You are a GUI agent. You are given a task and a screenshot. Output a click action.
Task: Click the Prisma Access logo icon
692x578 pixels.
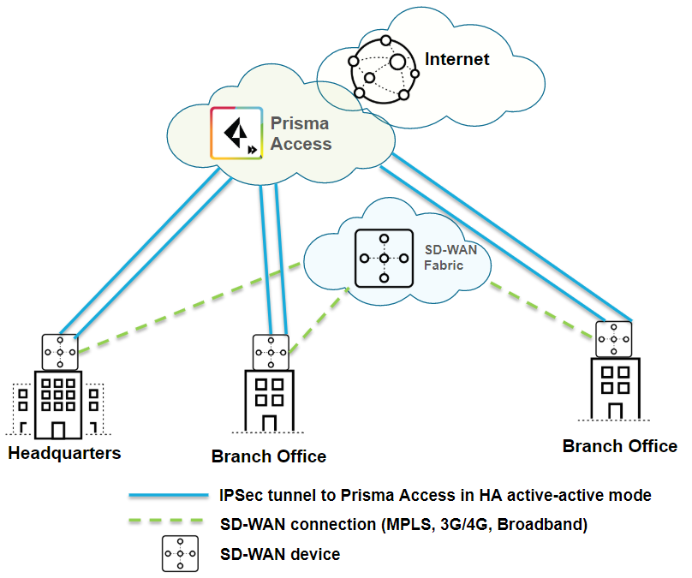coord(236,133)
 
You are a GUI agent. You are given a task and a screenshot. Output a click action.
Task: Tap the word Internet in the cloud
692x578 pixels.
coord(457,59)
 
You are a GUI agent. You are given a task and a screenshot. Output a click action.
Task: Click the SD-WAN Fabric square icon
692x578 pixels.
coord(384,258)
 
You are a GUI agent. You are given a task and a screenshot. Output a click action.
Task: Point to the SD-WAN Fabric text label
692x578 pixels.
coord(444,258)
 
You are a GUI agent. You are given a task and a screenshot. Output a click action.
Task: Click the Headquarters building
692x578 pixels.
coord(58,402)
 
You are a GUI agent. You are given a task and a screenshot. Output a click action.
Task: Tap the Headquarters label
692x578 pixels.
coord(64,452)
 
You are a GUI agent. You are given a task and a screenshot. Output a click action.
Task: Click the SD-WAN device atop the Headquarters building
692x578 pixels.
coord(59,352)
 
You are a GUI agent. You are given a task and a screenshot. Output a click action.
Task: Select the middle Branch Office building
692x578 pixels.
coord(269,401)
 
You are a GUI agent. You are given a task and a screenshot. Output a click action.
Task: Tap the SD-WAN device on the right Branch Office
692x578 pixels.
coord(614,338)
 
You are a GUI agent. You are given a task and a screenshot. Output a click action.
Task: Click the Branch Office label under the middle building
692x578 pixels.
coord(269,456)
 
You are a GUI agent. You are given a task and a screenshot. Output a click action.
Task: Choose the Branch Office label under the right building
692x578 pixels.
coord(619,446)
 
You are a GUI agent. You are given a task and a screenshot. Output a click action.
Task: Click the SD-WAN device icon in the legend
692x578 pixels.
coord(181,554)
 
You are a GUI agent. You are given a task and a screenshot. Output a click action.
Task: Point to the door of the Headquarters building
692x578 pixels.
coord(58,427)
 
